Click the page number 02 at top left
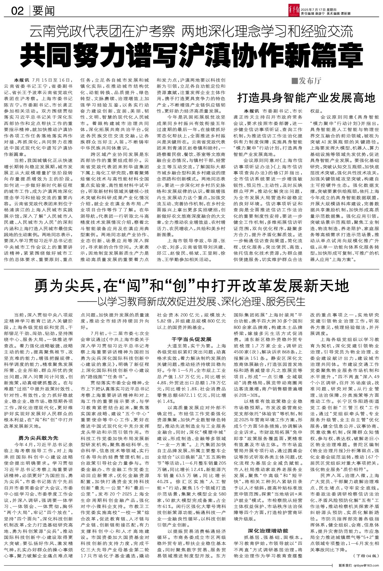[x=18, y=11]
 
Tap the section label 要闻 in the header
[x=43, y=11]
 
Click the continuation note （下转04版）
[x=366, y=555]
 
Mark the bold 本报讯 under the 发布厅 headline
[x=252, y=111]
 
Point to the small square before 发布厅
[x=294, y=81]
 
